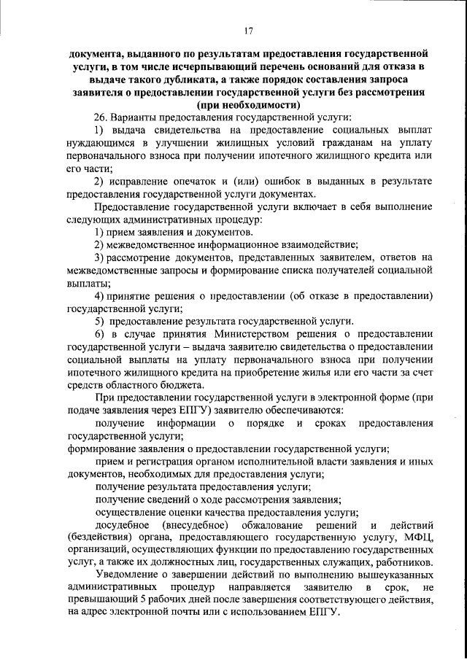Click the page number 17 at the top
click(x=248, y=30)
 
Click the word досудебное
click(x=123, y=525)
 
